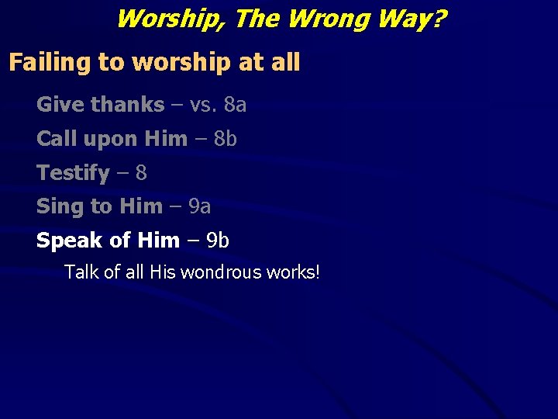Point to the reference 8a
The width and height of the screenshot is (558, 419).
coord(235,104)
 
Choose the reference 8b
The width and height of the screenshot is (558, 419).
coord(225,138)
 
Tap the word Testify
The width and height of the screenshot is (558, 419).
coord(73,172)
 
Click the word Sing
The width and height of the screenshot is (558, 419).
coord(57,206)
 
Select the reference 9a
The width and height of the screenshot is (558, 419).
coord(199,206)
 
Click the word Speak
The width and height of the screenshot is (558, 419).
coord(68,241)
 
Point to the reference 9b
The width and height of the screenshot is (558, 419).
coord(216,241)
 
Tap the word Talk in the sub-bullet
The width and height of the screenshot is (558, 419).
coord(81,272)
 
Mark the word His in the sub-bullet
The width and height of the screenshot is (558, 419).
coord(163,272)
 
